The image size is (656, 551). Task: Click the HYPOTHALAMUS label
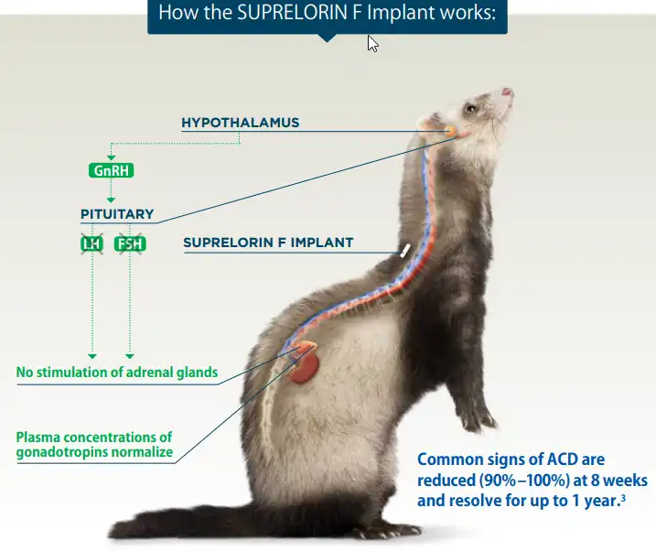240,123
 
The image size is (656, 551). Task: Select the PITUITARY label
117,214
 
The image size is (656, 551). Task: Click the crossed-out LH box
91,244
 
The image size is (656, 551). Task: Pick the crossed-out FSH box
130,244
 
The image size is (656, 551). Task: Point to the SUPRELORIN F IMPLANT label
268,243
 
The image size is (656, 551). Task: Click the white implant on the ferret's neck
403,249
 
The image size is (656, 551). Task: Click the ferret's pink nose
508,92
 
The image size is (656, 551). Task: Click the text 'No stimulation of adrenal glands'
117,372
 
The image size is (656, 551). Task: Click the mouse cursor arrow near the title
372,43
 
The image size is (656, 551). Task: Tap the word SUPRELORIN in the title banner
285,14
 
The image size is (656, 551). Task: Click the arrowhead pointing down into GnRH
112,157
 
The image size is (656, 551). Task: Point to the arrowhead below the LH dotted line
91,355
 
